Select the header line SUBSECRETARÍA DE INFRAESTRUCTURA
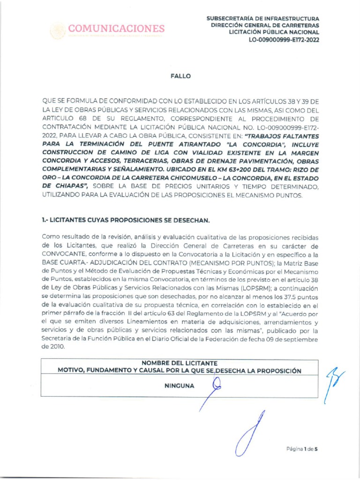263,18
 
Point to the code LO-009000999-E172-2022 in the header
284,40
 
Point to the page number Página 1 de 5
302,449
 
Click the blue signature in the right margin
334,381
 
